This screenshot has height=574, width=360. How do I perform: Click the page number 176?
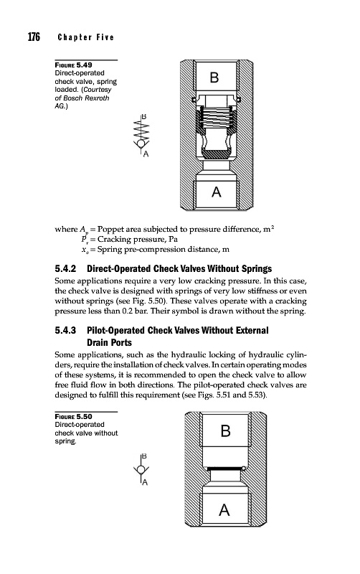34,37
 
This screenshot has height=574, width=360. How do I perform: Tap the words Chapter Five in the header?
86,37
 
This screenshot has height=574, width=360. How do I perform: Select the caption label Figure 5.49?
74,65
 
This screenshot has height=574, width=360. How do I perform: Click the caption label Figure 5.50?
74,417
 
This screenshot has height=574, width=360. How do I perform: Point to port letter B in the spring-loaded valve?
214,77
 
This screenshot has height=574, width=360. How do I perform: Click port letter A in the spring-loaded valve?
217,192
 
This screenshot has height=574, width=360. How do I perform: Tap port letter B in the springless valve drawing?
226,431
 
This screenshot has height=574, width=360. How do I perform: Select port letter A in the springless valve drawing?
224,509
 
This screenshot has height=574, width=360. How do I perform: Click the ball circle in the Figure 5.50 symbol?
141,470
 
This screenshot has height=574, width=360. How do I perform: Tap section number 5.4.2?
65,268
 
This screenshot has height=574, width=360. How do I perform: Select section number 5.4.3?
65,330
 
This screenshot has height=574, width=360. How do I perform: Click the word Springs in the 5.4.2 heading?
257,268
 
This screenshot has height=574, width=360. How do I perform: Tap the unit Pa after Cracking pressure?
173,240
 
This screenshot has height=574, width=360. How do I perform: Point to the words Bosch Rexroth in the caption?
86,98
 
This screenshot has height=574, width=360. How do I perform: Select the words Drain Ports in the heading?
110,343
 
